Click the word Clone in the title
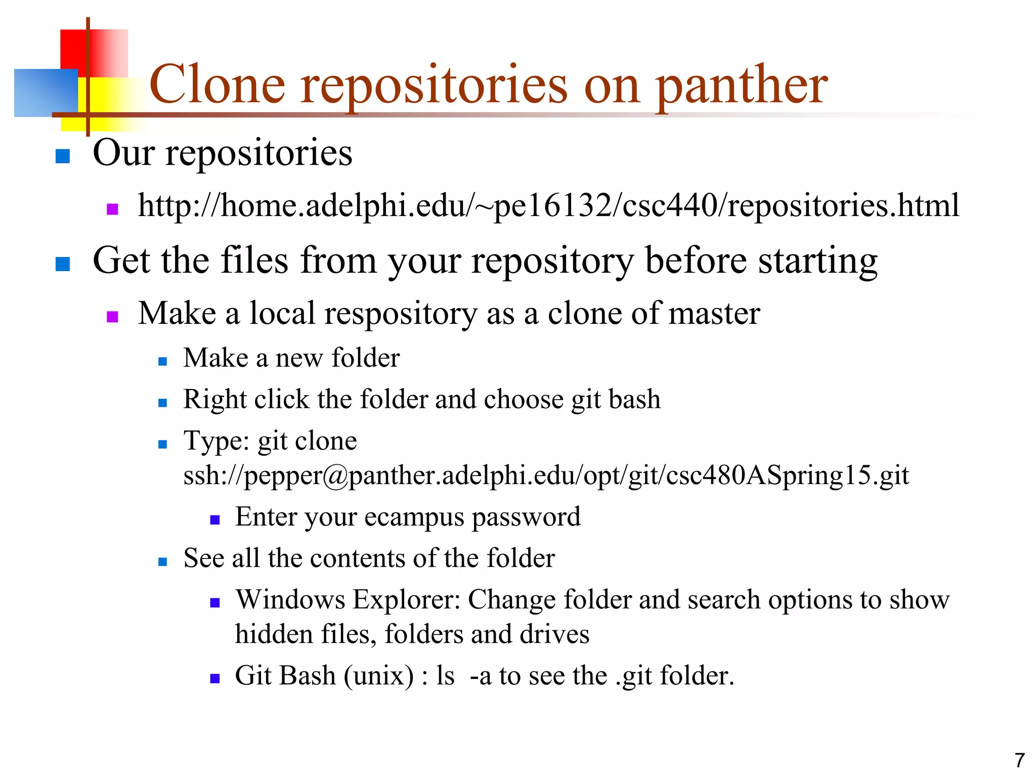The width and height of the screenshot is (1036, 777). [x=218, y=85]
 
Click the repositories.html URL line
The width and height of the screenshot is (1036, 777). [x=548, y=206]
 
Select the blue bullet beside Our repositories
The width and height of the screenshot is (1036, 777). [x=62, y=156]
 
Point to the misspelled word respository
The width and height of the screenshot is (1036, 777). [x=401, y=314]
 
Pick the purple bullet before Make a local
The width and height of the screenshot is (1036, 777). [x=112, y=317]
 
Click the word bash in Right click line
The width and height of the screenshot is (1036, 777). [x=634, y=400]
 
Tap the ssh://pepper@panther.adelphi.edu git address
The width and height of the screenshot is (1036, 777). [x=546, y=476]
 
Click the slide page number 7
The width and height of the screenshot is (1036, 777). [x=1019, y=760]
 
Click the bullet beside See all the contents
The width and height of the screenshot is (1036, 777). [x=162, y=562]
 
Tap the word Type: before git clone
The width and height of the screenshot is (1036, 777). [x=216, y=441]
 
